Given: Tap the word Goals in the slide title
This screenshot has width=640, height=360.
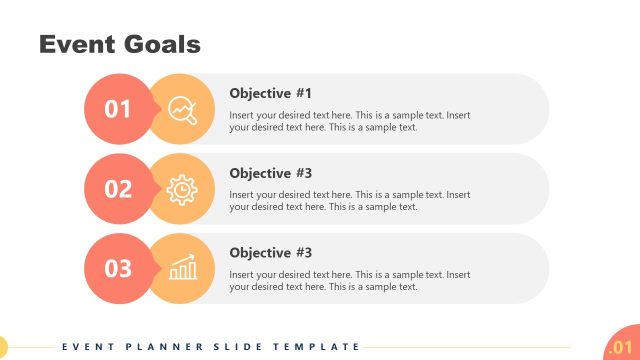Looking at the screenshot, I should pos(163,44).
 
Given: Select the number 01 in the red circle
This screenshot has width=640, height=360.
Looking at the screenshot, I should pos(118,109).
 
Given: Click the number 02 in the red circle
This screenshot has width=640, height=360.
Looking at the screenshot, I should pos(118,189).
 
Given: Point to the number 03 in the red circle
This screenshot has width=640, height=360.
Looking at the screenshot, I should pos(118,268).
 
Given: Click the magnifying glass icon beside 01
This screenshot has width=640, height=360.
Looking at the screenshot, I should pos(182,109).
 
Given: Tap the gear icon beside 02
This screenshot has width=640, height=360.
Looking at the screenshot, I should pos(182,189).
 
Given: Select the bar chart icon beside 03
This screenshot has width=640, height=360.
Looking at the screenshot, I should pos(182,268).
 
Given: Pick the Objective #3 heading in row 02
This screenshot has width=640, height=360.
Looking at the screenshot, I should pos(270,173).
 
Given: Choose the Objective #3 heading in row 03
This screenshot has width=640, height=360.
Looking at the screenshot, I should pos(270,253).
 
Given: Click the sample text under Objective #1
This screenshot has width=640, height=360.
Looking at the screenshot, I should pos(349,121).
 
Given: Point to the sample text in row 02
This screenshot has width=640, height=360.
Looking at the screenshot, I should pos(349,200).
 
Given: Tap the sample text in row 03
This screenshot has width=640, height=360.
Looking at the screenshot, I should pos(349,280).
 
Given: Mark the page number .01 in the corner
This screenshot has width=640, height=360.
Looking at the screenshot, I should pos(620,347).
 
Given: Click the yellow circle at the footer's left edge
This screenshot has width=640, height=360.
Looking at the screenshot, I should pos(2,347).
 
